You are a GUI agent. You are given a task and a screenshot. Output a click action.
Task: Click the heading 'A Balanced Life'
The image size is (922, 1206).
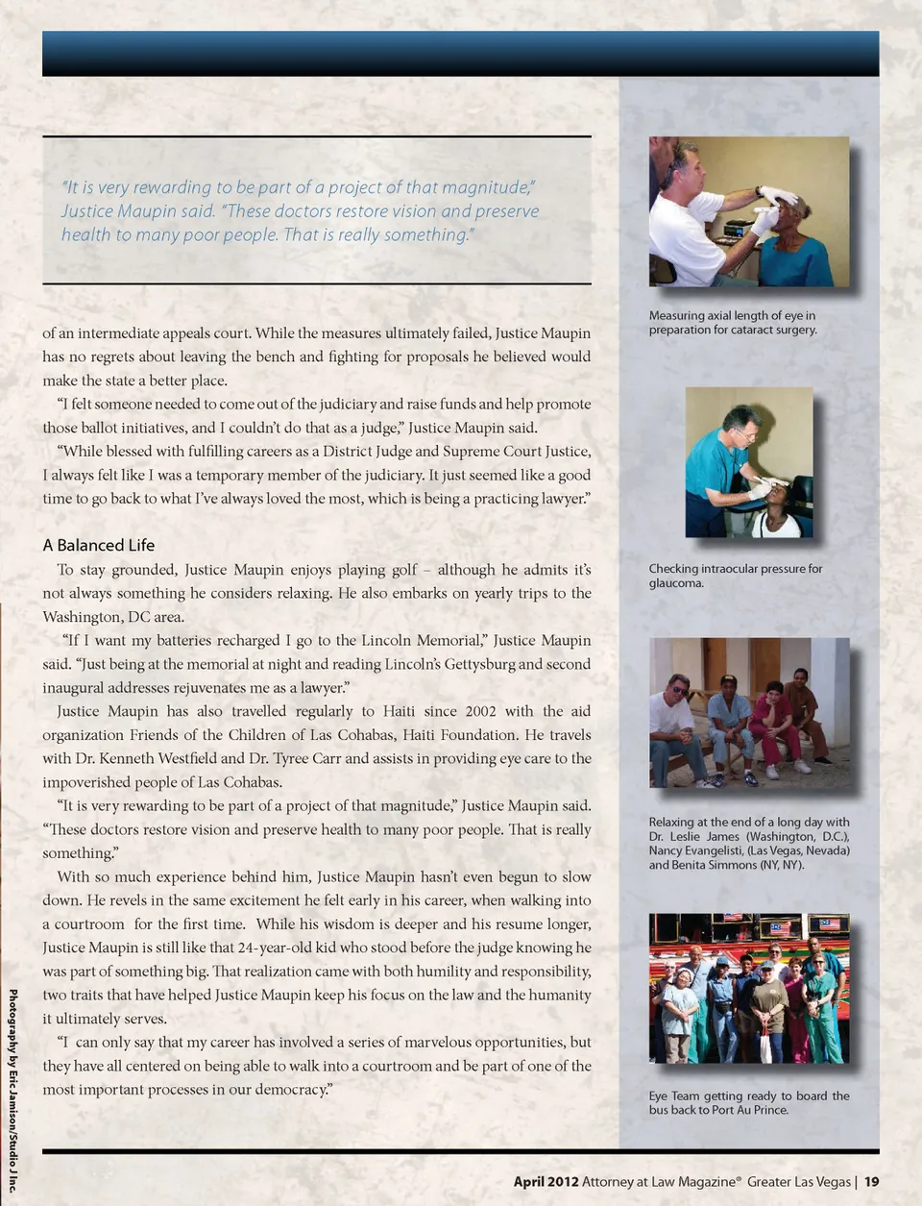click(x=98, y=545)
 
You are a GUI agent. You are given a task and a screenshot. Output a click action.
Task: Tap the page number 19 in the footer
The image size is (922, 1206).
click(x=871, y=1182)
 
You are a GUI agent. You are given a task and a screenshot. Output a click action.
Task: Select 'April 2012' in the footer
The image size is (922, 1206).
click(x=546, y=1182)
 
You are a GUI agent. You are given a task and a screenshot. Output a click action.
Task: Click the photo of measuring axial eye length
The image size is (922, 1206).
click(x=749, y=211)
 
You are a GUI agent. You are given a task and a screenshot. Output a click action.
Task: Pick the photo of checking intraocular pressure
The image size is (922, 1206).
click(x=749, y=462)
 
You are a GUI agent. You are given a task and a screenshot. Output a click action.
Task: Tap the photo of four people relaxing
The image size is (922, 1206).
click(x=749, y=712)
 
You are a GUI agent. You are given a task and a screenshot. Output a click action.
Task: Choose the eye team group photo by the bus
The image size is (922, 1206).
click(x=749, y=988)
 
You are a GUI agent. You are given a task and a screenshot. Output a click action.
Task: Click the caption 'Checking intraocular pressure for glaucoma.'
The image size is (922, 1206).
click(x=736, y=576)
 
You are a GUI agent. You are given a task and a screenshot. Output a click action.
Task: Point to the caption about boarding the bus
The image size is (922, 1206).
click(x=749, y=1102)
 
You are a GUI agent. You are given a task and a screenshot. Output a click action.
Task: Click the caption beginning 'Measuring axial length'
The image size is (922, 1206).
click(x=733, y=322)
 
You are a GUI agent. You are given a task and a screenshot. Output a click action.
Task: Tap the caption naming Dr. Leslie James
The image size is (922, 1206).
click(x=749, y=843)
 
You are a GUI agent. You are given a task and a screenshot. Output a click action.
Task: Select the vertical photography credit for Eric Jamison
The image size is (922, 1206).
click(x=12, y=1090)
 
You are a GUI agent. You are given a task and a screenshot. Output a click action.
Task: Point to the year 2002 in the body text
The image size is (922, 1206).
click(x=480, y=711)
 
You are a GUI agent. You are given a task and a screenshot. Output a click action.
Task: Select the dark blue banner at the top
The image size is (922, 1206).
click(x=460, y=53)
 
